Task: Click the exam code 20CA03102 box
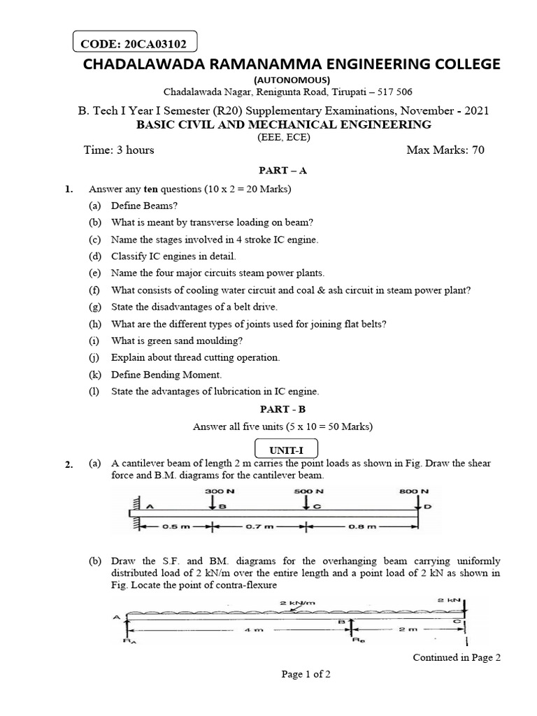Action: coord(135,43)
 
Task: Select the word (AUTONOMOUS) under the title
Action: coord(292,80)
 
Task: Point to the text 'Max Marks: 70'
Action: coord(445,150)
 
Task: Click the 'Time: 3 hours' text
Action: coord(119,150)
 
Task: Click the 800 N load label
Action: coord(414,491)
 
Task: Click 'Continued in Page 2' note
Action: coord(457,657)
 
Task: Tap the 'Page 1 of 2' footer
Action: coord(306,674)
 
